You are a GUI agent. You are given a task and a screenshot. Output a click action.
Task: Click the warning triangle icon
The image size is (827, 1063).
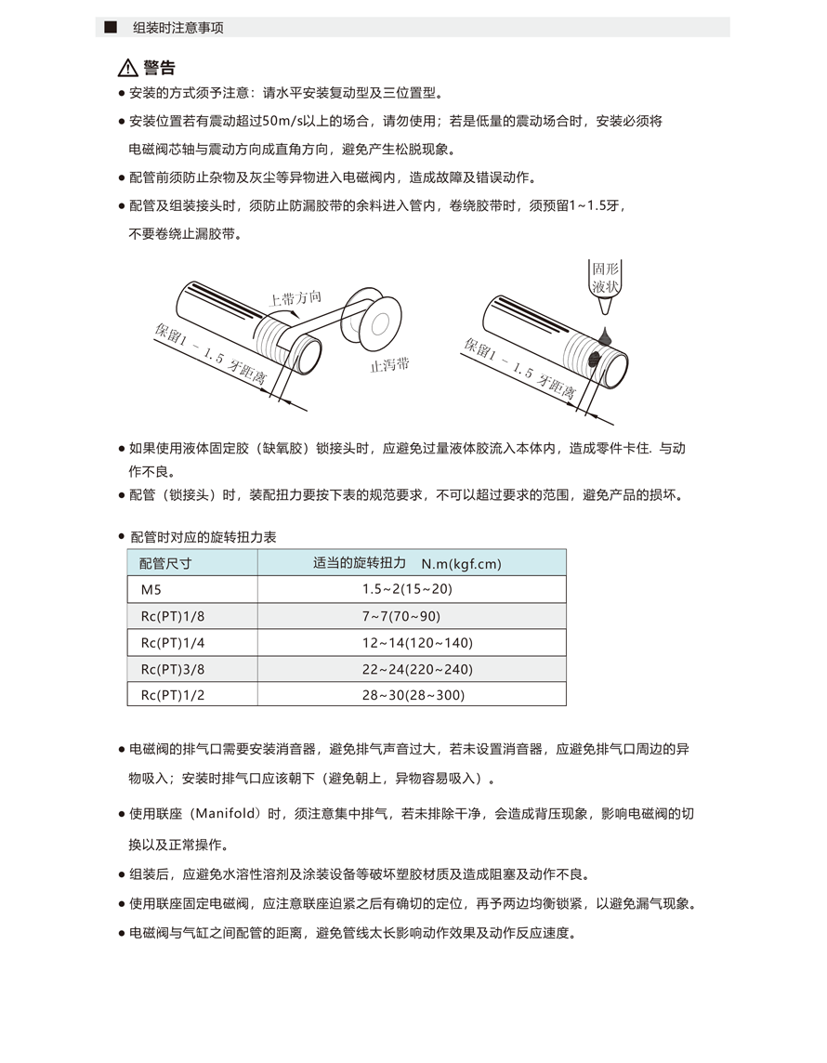point(127,68)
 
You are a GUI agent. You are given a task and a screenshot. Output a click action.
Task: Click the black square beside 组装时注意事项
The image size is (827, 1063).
point(110,27)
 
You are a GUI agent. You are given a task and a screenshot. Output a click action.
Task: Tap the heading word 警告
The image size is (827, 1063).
point(159,68)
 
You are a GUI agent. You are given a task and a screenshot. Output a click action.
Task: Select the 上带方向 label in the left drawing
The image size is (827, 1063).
point(295,298)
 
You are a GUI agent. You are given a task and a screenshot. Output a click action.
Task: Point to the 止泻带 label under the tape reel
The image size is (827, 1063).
point(389,364)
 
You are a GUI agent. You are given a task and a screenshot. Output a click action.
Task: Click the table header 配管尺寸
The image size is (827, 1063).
point(165,563)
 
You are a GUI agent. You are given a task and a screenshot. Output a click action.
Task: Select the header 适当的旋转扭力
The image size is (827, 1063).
point(360,562)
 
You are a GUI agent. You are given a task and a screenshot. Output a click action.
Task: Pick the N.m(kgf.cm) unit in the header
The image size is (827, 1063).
point(462,563)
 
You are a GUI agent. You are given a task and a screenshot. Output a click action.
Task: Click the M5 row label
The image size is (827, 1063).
point(151,589)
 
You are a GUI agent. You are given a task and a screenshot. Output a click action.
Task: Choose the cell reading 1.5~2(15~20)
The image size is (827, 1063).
point(407,589)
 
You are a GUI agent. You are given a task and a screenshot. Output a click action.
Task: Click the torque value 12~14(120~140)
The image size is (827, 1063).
point(418,642)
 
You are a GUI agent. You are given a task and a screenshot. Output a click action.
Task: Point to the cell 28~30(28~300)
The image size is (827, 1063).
point(413,695)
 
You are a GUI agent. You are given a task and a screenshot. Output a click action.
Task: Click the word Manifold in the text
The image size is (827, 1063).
point(228,813)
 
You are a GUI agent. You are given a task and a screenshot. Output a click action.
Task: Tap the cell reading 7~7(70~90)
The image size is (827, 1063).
point(401,616)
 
